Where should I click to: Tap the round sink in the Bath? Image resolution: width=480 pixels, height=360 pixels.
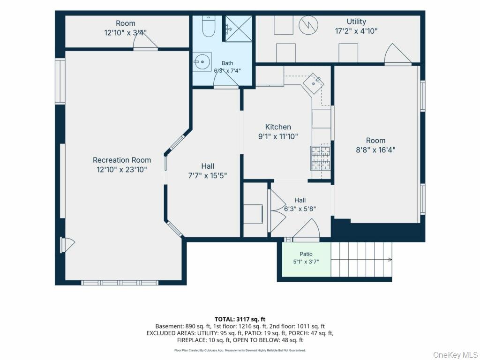(202, 61)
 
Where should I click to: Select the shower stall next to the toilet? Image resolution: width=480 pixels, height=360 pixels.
(239, 29)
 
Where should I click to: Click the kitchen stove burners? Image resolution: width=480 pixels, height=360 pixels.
(321, 158)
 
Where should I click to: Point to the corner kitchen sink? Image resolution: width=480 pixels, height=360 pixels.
(314, 83)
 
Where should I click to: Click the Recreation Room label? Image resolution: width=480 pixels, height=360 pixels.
(122, 160)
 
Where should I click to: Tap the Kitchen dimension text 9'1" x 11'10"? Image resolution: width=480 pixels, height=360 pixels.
(278, 136)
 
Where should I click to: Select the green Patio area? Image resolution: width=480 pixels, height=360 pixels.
(306, 259)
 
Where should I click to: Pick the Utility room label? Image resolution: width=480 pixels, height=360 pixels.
(356, 22)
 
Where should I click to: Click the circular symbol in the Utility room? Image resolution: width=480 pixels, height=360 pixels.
(308, 25)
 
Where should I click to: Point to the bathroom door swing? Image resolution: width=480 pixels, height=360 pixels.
(226, 79)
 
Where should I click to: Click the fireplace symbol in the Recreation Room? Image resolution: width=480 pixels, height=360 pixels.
(67, 245)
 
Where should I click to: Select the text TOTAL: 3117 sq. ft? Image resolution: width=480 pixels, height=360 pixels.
(240, 320)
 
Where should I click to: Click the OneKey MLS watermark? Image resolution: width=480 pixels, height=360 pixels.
(455, 355)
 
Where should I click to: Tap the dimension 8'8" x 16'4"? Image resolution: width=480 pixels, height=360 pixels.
(375, 150)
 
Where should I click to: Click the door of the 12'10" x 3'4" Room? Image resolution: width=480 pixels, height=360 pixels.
(145, 40)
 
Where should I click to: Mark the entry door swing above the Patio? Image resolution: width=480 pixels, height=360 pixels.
(307, 228)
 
